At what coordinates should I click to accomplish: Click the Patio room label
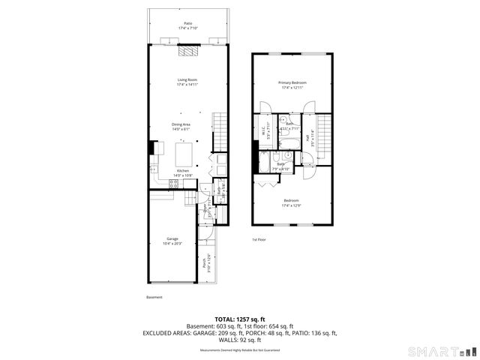(187, 25)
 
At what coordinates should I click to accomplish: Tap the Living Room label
(187, 82)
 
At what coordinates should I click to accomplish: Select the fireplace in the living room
(187, 51)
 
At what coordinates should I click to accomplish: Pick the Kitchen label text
(183, 172)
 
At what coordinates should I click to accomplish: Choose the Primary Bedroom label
(292, 85)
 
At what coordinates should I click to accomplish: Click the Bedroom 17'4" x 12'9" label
(292, 202)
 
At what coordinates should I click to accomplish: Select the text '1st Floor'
(259, 239)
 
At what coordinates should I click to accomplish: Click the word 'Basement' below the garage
(154, 297)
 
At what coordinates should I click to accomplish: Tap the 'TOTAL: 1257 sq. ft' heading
(239, 319)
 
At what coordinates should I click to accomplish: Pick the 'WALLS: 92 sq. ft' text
(239, 341)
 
